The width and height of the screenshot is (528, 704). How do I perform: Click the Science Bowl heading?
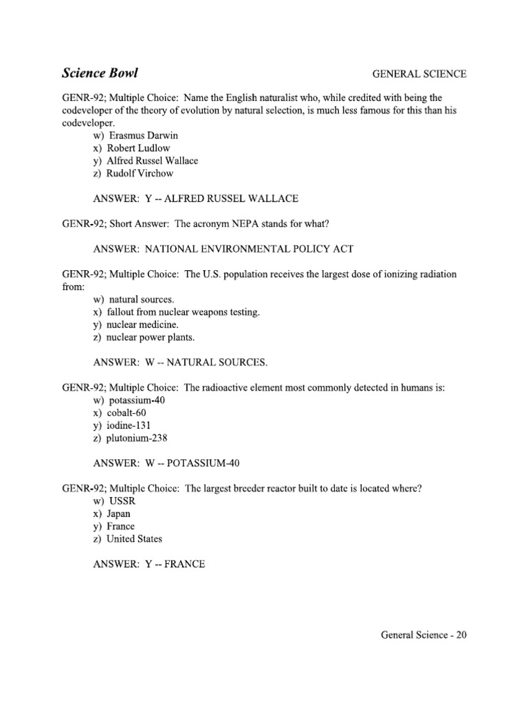(104, 73)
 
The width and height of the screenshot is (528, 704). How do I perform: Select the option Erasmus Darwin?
(135, 135)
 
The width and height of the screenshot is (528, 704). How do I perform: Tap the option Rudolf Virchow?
(133, 173)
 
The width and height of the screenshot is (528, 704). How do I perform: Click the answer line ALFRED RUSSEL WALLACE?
(195, 199)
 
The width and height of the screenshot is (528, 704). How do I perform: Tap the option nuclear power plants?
(144, 337)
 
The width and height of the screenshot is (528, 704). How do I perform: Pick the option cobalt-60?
(129, 412)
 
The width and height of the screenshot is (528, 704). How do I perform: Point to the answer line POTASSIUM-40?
(166, 463)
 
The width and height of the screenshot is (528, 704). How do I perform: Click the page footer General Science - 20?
(423, 635)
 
